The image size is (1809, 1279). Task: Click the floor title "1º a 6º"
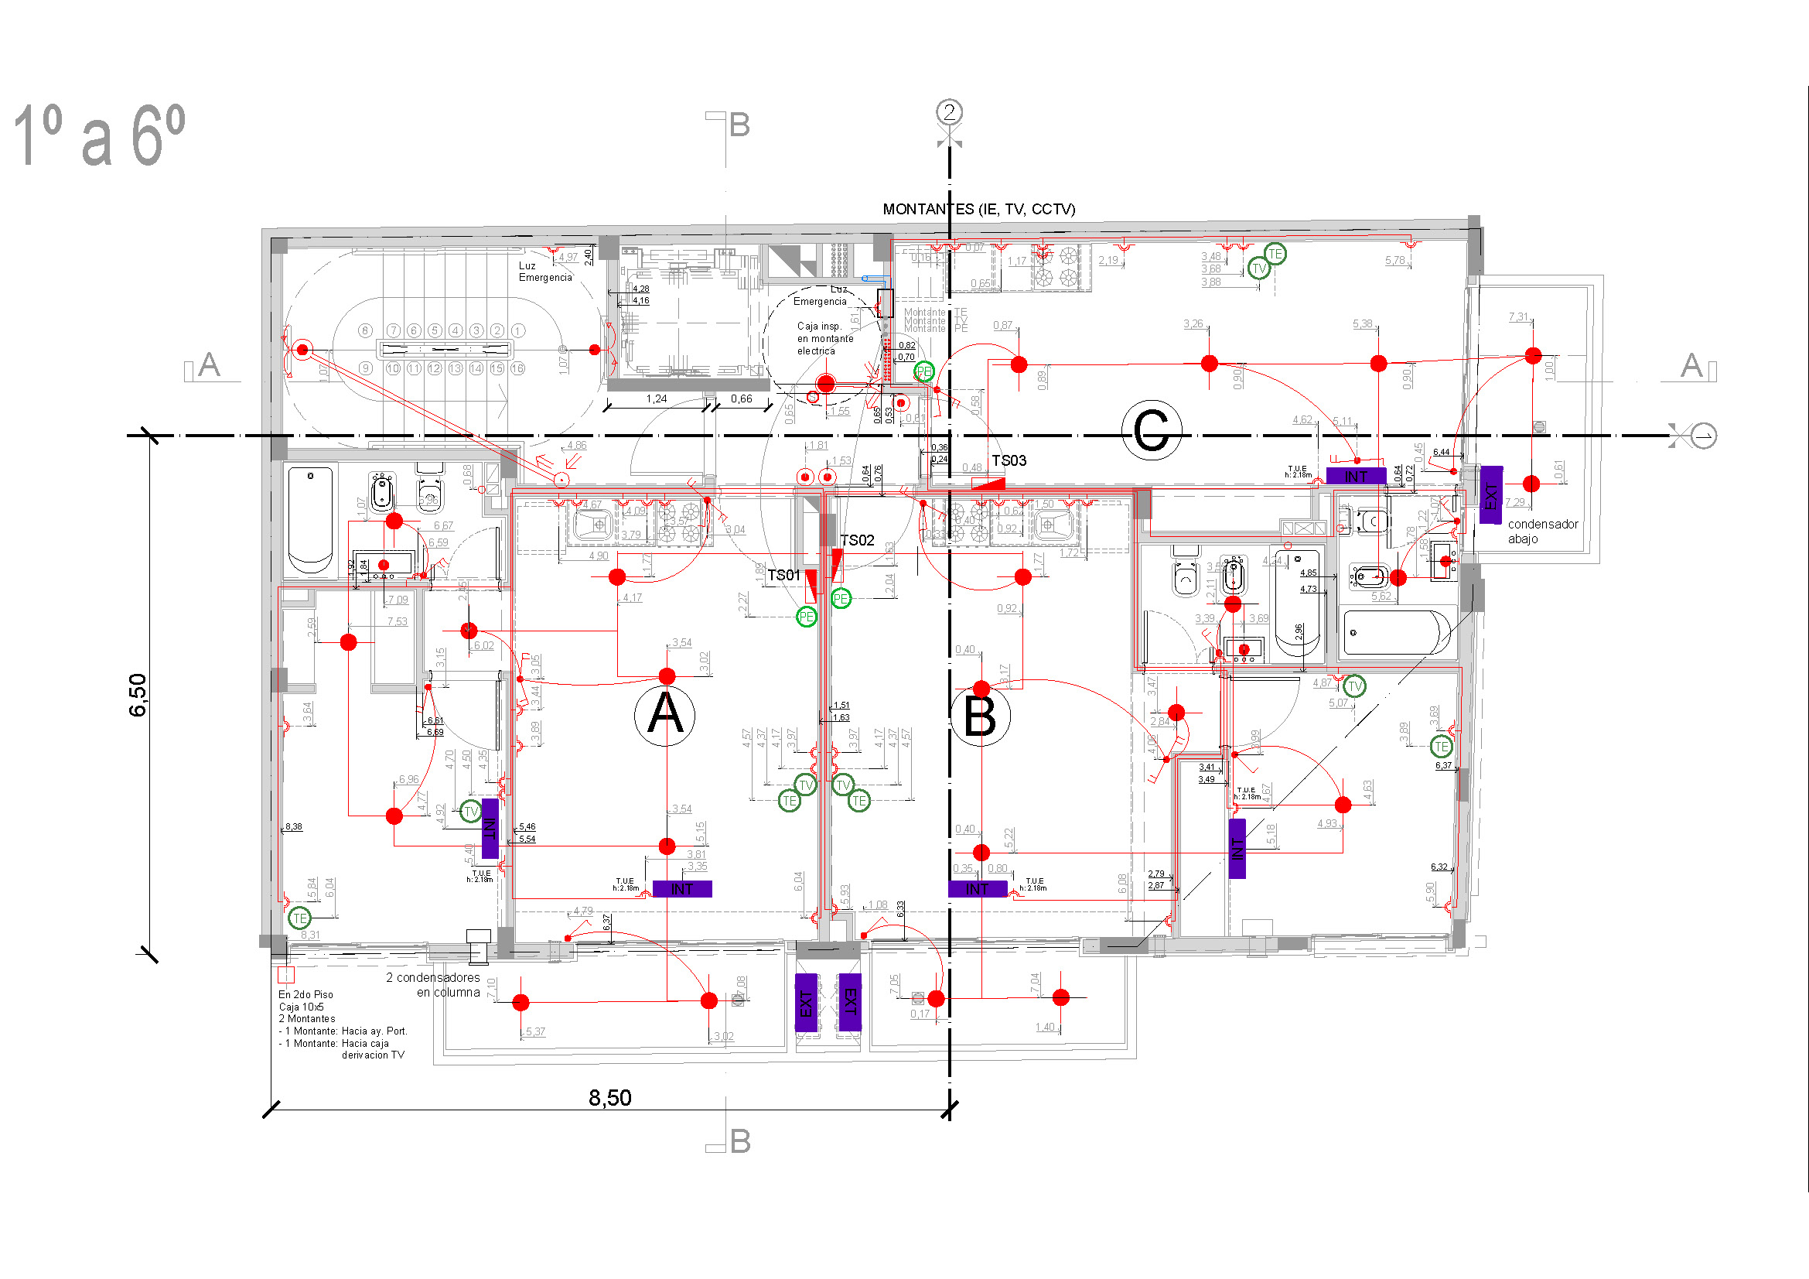(99, 135)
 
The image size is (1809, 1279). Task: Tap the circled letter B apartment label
(979, 716)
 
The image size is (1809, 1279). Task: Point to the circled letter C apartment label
(1151, 430)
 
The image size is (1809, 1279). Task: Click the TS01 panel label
(783, 575)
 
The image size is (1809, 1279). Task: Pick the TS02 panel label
(856, 540)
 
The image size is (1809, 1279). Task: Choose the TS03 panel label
(1009, 460)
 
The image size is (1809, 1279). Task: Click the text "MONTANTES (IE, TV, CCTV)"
(978, 209)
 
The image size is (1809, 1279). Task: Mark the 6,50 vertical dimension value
(138, 694)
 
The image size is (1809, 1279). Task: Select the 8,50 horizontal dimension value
(609, 1098)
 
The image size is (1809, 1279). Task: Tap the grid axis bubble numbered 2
(950, 112)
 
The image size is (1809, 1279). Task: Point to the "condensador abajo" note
(1542, 531)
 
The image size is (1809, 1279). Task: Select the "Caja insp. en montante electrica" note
(825, 338)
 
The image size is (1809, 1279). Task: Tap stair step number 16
(517, 368)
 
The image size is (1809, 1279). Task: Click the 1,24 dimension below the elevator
(656, 398)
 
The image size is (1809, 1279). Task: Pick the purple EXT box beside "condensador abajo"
(1490, 495)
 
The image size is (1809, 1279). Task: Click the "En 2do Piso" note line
(305, 994)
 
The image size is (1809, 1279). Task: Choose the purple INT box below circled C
(1355, 476)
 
